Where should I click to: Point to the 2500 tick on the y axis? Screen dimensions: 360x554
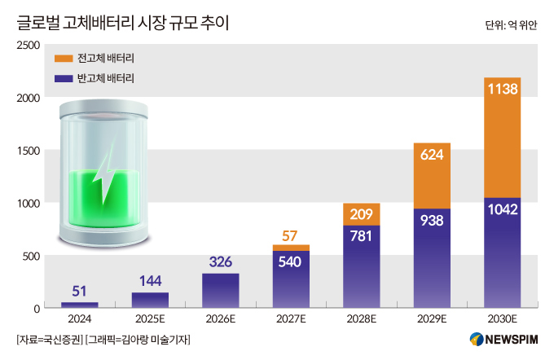(30, 46)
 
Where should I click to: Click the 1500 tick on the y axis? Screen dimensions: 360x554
(30, 151)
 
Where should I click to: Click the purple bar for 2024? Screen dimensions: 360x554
(80, 305)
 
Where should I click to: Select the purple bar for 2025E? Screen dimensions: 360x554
(150, 300)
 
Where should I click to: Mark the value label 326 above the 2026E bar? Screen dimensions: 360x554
(220, 262)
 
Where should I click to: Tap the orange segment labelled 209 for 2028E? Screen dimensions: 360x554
(361, 215)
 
